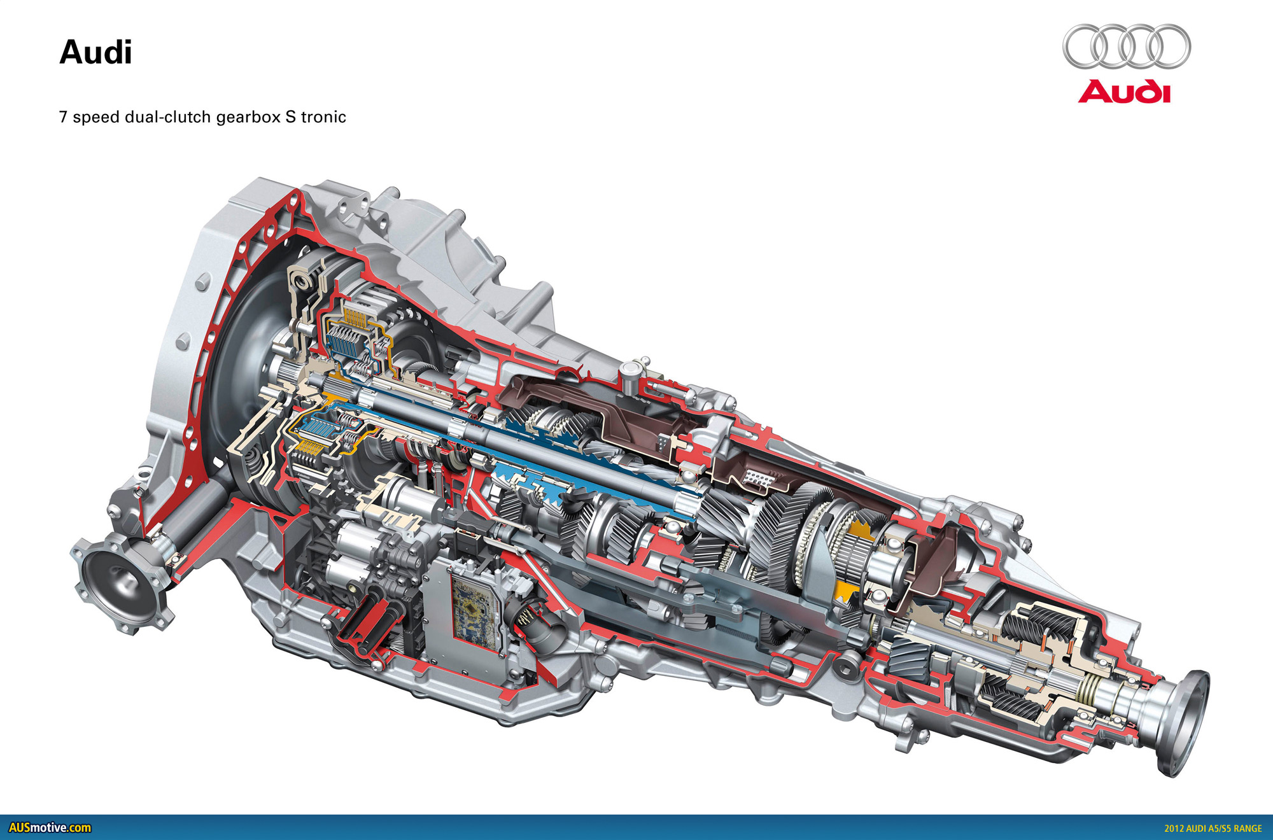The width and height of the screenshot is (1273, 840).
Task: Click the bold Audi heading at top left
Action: click(95, 53)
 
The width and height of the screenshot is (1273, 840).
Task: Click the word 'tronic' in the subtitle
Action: click(323, 117)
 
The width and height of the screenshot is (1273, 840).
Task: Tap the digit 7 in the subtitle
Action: click(63, 117)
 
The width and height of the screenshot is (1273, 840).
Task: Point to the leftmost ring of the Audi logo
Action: click(1085, 46)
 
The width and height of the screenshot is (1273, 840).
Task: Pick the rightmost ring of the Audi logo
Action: click(1169, 46)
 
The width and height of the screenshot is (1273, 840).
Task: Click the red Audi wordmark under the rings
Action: click(1125, 91)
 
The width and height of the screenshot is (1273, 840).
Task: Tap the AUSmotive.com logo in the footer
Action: click(50, 828)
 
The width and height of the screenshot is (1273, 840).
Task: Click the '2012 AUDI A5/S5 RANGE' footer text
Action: click(1213, 829)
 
